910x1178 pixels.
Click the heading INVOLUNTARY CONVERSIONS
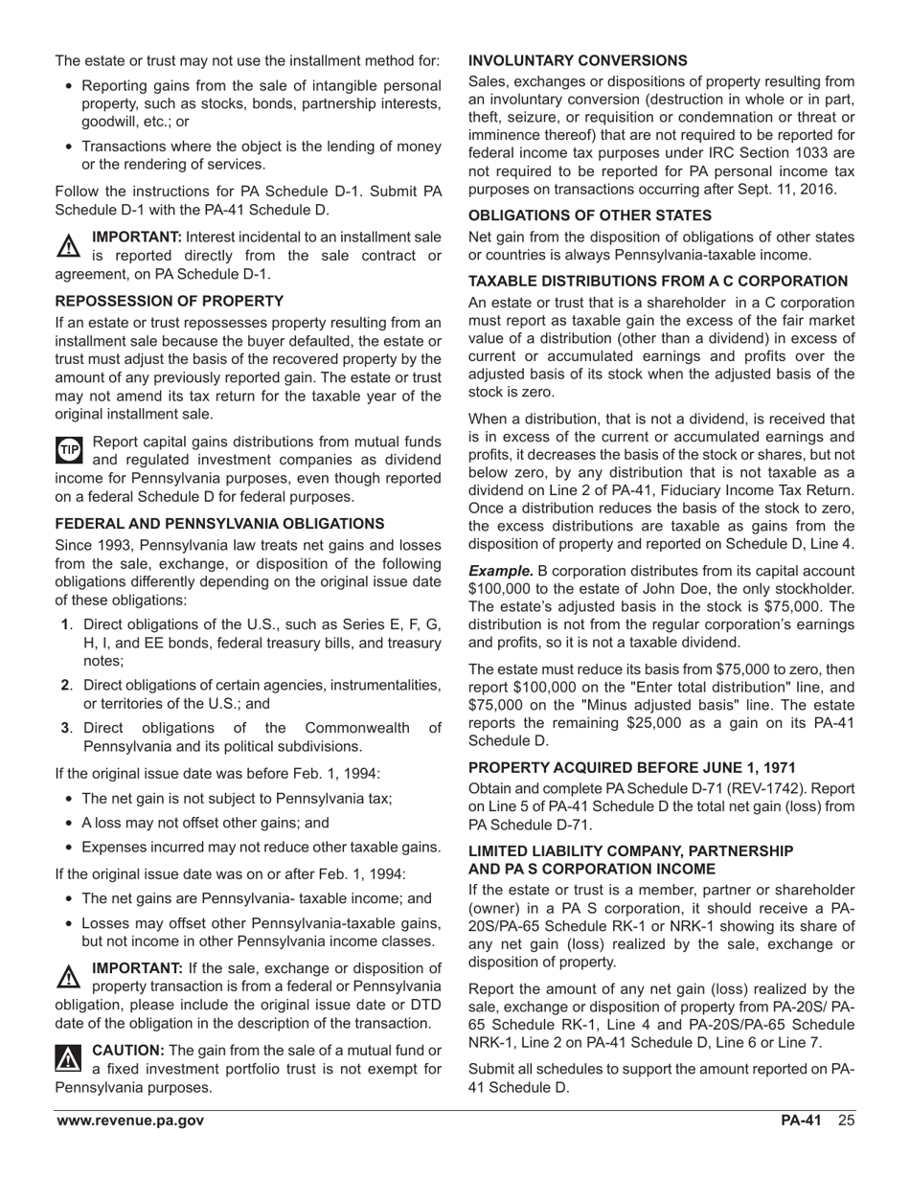[578, 60]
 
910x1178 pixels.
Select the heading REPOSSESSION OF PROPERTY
[170, 301]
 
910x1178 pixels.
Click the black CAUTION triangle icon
[70, 1058]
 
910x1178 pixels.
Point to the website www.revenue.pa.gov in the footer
[129, 1121]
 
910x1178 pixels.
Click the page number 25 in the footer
[846, 1121]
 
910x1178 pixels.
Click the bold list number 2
[65, 685]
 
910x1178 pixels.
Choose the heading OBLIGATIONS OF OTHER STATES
[590, 215]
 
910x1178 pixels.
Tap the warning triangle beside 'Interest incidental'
[70, 246]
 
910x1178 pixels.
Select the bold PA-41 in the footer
[801, 1121]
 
